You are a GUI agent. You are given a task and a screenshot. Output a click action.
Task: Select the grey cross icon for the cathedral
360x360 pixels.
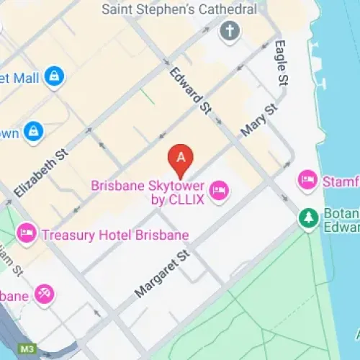229,32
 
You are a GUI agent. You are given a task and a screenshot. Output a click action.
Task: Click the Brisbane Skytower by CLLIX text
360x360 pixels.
148,192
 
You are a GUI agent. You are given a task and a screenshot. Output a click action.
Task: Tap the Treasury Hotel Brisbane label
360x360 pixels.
114,235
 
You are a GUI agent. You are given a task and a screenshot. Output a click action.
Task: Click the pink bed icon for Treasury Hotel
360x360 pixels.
27,232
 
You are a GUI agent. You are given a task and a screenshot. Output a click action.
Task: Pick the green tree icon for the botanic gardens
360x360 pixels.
309,217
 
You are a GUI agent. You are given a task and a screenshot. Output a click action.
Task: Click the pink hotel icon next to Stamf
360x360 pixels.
308,179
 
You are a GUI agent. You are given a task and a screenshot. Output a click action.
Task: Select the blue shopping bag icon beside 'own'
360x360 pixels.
32,131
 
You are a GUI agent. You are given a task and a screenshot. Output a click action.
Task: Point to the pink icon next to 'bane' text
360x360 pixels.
45,294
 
